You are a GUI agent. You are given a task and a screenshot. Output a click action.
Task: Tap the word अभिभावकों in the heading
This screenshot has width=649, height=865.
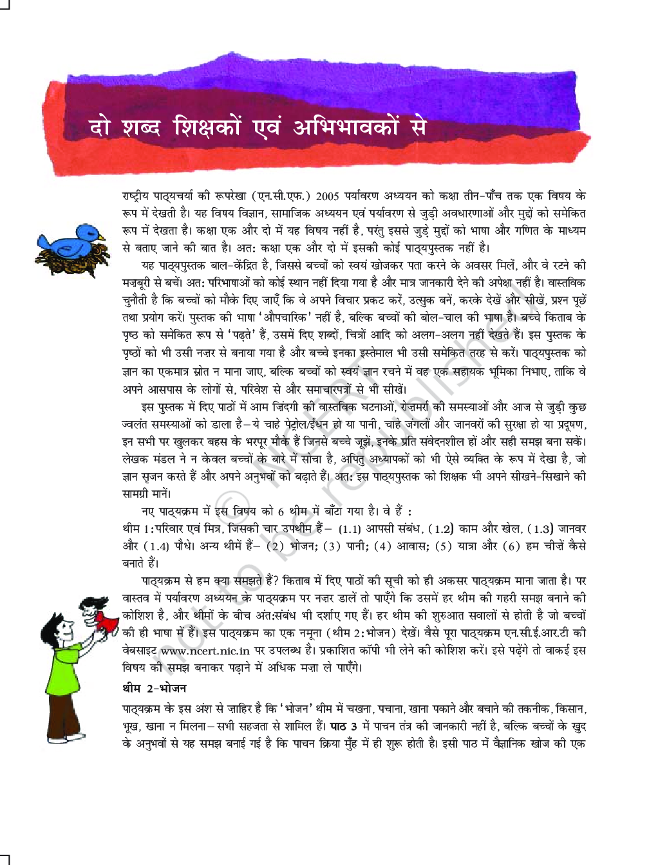[x=346, y=127]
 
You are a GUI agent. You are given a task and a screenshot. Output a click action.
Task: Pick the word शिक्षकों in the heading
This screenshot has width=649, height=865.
[x=207, y=127]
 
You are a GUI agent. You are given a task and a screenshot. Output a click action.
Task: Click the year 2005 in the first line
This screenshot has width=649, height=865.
[x=327, y=196]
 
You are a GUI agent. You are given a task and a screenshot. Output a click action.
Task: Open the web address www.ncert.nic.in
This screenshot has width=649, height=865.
[x=205, y=651]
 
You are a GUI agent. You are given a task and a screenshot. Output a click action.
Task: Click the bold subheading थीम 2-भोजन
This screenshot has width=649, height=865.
[x=155, y=688]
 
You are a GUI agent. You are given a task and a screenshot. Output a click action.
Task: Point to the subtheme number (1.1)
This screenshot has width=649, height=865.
[x=350, y=529]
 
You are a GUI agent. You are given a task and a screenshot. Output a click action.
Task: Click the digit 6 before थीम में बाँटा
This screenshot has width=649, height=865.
[x=281, y=512]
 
